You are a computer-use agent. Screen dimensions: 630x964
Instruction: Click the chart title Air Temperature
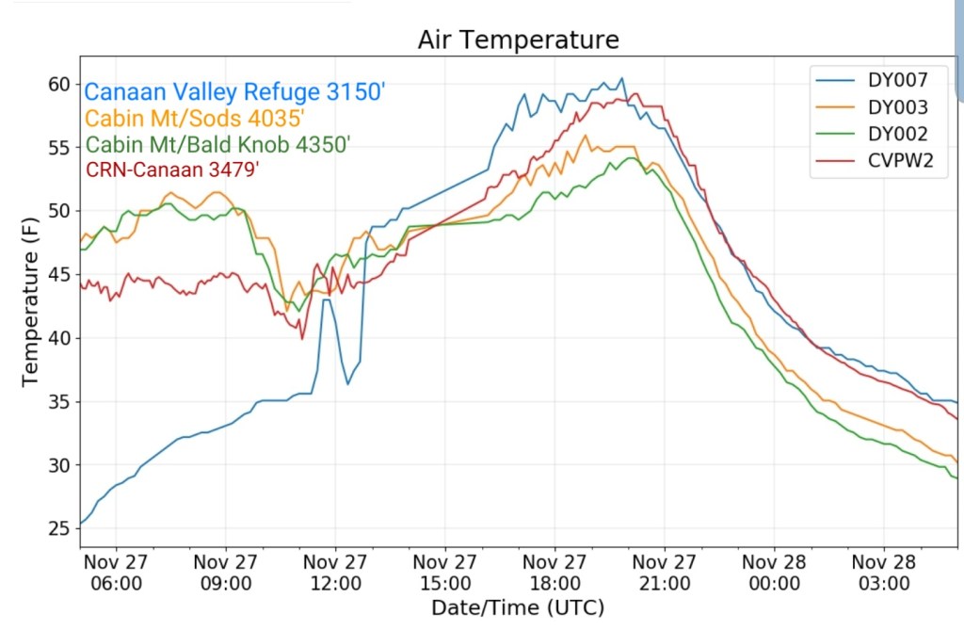point(519,40)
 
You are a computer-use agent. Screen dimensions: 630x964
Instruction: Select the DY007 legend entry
point(897,79)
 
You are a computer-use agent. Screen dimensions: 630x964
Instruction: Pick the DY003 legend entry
point(897,106)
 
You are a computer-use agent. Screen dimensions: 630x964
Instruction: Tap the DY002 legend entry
point(897,134)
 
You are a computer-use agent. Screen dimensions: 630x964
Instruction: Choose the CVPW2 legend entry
point(897,161)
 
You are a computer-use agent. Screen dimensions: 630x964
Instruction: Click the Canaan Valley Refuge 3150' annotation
point(235,92)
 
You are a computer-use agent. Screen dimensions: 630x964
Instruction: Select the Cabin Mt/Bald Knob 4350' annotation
point(217,145)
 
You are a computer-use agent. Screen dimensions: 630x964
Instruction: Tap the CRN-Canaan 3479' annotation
point(172,170)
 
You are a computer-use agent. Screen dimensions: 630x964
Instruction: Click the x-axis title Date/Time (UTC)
point(518,606)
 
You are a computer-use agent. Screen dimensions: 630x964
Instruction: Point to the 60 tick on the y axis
point(59,84)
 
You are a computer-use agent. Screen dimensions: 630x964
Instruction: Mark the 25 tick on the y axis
point(59,528)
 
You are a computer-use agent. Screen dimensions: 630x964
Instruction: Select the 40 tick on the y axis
point(59,338)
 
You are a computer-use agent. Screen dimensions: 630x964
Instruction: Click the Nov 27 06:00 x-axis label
point(115,573)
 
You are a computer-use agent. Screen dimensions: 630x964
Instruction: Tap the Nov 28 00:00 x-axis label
point(774,573)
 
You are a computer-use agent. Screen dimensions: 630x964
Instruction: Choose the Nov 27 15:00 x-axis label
point(444,573)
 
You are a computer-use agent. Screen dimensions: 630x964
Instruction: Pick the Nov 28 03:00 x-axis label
point(884,573)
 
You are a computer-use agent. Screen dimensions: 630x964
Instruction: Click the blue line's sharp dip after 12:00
point(347,383)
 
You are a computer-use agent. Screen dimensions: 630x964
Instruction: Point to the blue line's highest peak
point(621,78)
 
